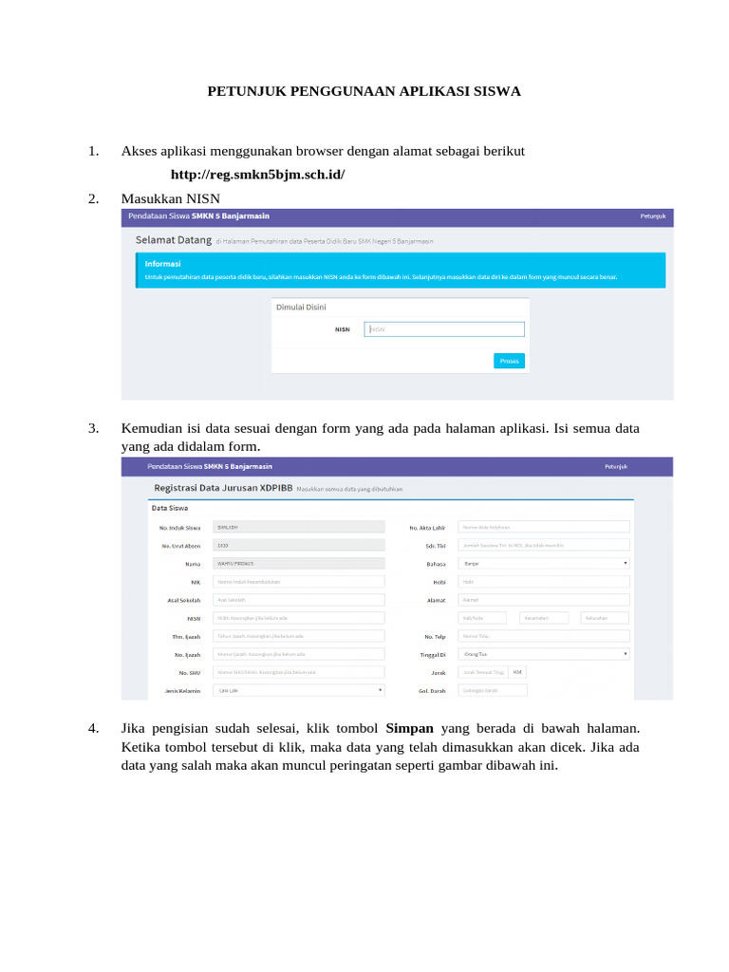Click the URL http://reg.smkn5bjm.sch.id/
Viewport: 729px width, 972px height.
[x=257, y=176]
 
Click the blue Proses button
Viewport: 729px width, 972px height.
[x=509, y=361]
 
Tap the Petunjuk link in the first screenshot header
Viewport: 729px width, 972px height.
[x=652, y=216]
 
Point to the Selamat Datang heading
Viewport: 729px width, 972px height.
[x=173, y=241]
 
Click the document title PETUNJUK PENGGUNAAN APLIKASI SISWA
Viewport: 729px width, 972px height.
[x=364, y=92]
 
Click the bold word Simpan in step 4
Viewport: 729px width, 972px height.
[x=410, y=729]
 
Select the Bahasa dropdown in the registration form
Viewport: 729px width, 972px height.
[x=544, y=563]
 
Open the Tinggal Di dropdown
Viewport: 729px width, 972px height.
[x=544, y=654]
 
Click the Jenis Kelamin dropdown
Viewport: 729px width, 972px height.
[x=299, y=690]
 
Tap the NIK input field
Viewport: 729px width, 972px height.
[x=299, y=581]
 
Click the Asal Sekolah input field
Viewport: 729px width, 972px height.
[x=299, y=600]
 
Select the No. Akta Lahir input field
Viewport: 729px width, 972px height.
[x=544, y=527]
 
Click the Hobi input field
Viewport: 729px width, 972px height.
[x=544, y=581]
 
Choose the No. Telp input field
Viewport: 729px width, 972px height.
[x=544, y=636]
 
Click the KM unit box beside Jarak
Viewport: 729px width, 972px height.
[x=517, y=672]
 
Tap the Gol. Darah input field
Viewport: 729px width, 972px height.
[x=544, y=690]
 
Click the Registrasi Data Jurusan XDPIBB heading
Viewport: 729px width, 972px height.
[x=222, y=488]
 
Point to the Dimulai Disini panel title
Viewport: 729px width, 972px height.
[x=301, y=308]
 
